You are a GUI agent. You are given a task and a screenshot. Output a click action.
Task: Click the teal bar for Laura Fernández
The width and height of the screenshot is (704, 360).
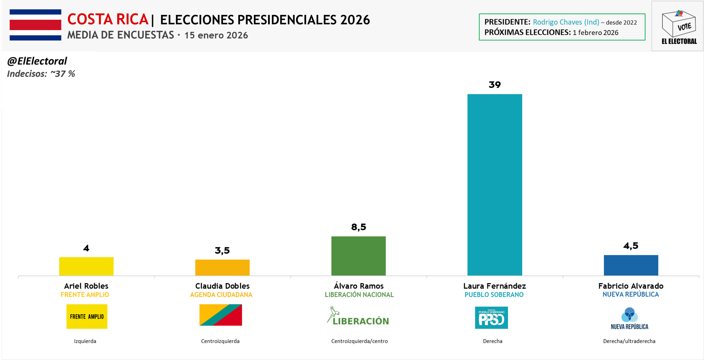[495, 184]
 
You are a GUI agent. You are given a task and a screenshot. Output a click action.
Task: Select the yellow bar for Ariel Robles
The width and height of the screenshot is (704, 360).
[86, 266]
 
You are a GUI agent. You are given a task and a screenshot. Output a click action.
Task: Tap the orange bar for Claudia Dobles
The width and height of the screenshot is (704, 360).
[222, 268]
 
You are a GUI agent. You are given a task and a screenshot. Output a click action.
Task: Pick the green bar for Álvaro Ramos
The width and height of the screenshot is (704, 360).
[358, 255]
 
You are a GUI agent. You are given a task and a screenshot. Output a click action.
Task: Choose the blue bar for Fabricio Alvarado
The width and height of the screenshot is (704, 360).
[631, 265]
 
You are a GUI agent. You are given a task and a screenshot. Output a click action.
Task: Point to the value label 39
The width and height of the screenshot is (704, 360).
[495, 85]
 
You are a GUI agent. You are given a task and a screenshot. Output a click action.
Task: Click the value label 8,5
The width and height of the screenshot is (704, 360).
[358, 227]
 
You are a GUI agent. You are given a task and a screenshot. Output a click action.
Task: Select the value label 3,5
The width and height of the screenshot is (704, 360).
[222, 251]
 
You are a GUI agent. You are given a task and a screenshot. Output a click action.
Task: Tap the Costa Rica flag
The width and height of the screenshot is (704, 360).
[35, 25]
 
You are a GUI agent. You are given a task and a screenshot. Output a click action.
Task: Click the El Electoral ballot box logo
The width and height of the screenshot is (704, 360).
[678, 27]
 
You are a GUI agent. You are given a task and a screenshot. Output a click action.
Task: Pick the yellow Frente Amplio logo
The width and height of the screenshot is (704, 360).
[87, 316]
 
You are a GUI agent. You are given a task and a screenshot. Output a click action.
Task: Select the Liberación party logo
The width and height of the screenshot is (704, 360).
[358, 316]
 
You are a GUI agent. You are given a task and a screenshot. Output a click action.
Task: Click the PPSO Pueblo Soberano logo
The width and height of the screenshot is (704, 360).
[491, 317]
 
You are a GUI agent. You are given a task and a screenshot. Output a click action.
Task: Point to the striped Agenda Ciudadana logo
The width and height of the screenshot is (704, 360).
[220, 315]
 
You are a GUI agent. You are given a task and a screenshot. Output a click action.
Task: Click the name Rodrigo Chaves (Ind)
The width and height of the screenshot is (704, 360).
[566, 22]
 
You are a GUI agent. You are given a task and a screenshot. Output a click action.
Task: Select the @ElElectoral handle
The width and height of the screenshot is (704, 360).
[37, 61]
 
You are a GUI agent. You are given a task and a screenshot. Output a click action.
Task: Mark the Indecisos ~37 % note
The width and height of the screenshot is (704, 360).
[41, 74]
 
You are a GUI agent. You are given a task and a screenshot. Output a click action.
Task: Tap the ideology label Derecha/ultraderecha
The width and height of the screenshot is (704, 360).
[629, 341]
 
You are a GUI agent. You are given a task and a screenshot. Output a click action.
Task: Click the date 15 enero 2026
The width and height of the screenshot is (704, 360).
[216, 35]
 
